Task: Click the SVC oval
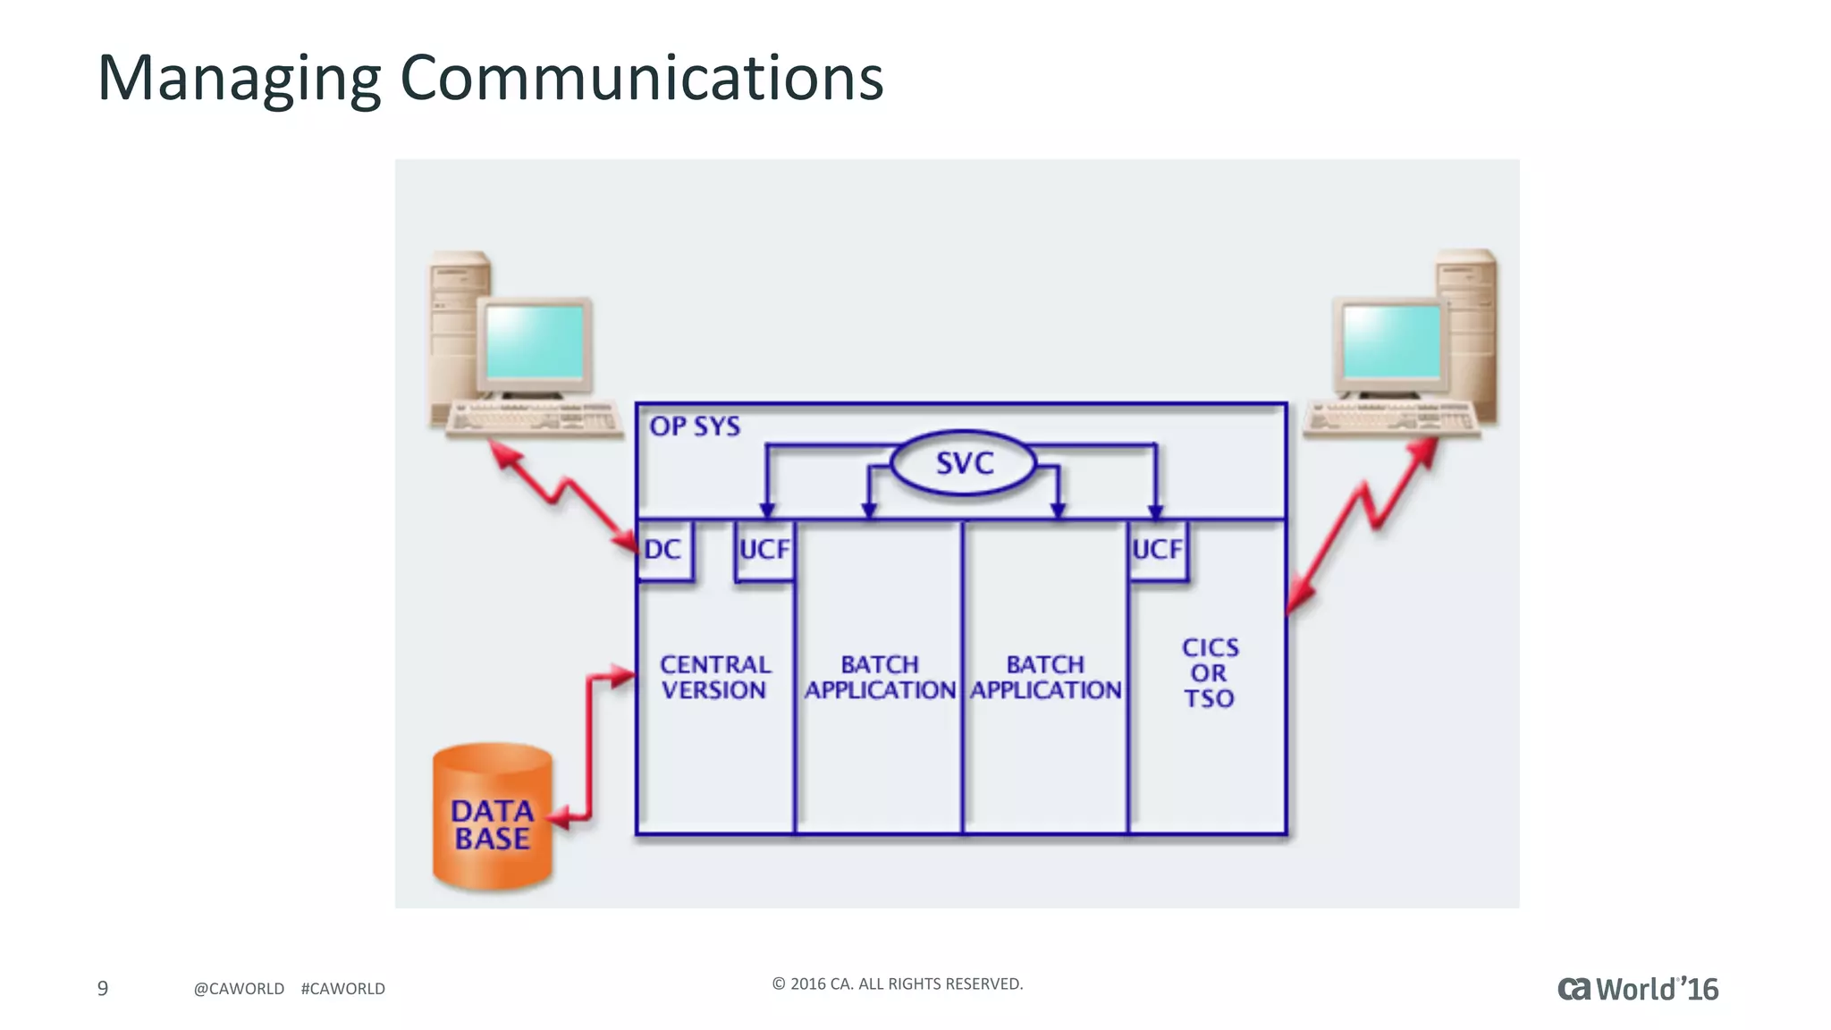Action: [964, 463]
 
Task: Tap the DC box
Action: [663, 549]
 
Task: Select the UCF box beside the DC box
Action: [764, 549]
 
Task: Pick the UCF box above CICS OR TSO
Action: [1157, 549]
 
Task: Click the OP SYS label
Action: [695, 426]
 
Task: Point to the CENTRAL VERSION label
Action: [714, 677]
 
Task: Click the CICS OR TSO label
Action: [1210, 672]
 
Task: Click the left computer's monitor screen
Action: [535, 342]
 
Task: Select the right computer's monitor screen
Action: [1392, 342]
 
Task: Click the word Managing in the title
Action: [239, 79]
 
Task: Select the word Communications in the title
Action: [641, 79]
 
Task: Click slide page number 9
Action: [103, 988]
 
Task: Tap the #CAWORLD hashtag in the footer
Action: [343, 988]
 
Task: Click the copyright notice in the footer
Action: [897, 984]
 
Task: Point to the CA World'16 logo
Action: [1638, 989]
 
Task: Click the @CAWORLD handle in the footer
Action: [239, 988]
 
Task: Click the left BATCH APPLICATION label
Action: [880, 677]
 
